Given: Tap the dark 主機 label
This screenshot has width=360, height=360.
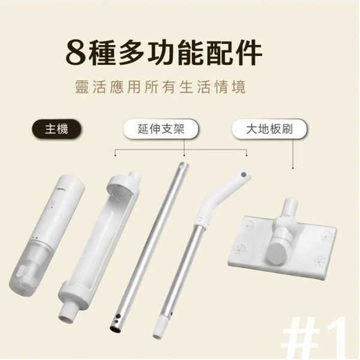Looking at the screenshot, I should coord(56,129).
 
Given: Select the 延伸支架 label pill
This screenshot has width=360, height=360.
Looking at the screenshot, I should coord(161,129).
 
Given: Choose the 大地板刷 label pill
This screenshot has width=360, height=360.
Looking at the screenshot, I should coord(269,129).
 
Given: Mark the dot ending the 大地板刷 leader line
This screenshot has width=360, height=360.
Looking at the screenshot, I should coord(293,169).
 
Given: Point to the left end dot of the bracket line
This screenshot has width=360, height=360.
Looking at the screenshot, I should coord(115,155).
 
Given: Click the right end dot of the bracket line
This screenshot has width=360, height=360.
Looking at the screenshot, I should coord(247,155).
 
